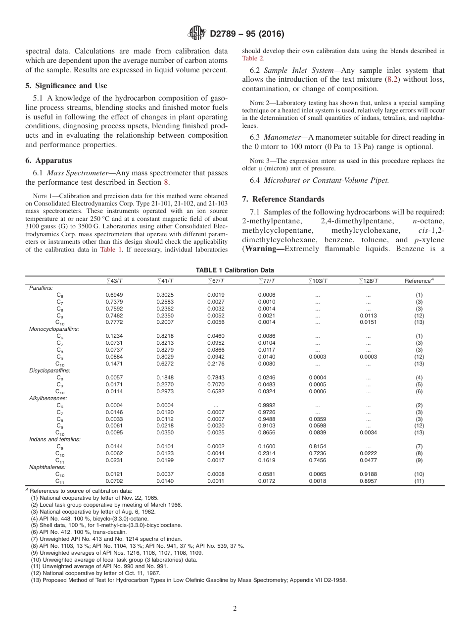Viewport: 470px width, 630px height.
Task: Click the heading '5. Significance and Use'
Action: click(x=66, y=86)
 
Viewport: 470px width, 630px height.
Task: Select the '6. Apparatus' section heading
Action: click(x=48, y=160)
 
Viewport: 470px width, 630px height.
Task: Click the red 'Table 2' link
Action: click(x=252, y=58)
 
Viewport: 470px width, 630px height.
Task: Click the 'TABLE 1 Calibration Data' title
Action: click(x=235, y=270)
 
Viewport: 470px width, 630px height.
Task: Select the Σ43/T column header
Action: click(x=115, y=281)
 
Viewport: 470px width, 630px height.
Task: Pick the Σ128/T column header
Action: click(x=369, y=281)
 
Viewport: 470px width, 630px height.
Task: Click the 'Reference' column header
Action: click(x=419, y=281)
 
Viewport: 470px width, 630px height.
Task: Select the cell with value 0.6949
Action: click(x=114, y=295)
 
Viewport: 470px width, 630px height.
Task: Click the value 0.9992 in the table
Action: click(x=267, y=405)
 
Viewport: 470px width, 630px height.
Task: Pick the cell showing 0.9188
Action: click(x=369, y=474)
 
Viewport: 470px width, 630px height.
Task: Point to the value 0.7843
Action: click(x=216, y=377)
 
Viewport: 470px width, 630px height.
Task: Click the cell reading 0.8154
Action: click(x=318, y=446)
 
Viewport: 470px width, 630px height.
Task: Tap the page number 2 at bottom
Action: click(x=235, y=609)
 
